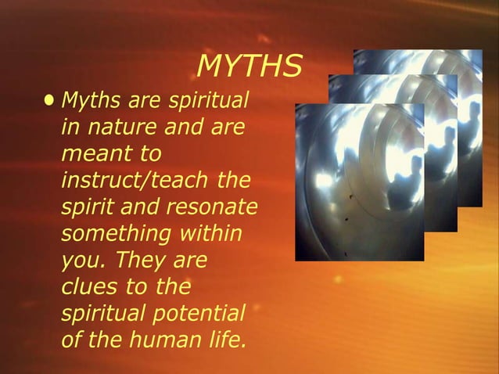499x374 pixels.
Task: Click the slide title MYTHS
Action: (249, 67)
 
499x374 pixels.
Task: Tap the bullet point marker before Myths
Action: (51, 100)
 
